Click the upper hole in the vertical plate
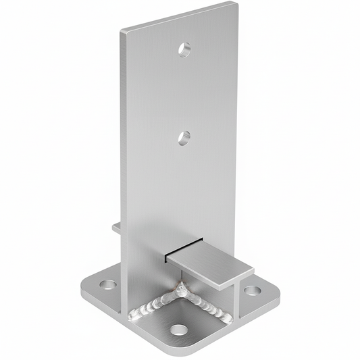(184, 49)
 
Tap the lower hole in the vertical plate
(184, 138)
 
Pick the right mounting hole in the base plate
(252, 290)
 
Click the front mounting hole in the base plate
(178, 330)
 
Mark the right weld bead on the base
(208, 307)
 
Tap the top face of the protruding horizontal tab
(209, 263)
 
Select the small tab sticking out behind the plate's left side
(116, 228)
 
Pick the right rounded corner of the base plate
(277, 292)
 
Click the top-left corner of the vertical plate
(122, 32)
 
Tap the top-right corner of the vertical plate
(236, 4)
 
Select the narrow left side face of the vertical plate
(124, 169)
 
